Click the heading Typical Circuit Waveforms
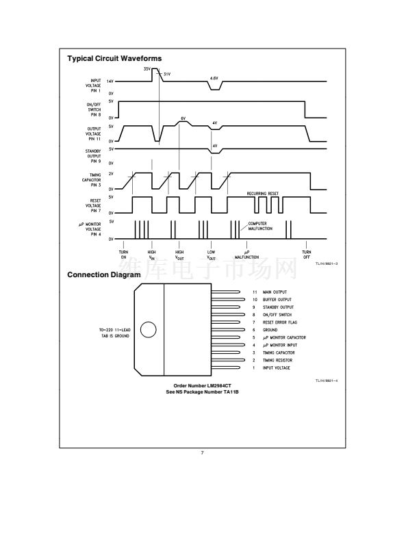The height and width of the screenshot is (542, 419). coord(114,59)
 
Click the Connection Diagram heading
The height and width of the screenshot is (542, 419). coord(104,275)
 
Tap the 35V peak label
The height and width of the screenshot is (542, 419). coord(147,69)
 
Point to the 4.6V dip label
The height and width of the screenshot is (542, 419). coord(214,79)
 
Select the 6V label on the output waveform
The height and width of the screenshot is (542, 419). coord(183,118)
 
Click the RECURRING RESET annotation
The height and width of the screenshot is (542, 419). coord(264,194)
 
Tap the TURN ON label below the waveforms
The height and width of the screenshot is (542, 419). coord(123,255)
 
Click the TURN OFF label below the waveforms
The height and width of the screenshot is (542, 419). coord(306,255)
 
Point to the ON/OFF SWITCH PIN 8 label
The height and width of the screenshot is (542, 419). coord(94,109)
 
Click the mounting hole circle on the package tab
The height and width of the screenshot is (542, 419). coord(148,330)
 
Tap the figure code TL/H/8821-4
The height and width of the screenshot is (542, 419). coord(327,380)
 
